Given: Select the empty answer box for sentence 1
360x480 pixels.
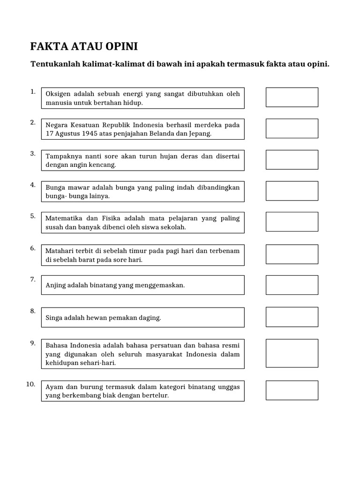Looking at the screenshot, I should click(292, 97).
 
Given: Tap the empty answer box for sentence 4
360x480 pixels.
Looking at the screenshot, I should click(292, 191).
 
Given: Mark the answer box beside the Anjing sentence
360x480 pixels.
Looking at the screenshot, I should click(292, 285).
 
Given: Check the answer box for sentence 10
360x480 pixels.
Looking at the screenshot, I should click(292, 390).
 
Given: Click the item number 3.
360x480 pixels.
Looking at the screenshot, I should click(33, 153).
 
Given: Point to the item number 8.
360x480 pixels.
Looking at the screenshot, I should click(33, 311).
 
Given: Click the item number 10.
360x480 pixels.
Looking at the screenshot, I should click(31, 384).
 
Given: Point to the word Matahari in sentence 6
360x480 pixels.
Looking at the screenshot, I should click(60, 251).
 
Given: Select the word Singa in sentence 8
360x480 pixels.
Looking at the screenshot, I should click(54, 318).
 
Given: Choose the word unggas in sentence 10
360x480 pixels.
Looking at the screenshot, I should click(229, 387).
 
